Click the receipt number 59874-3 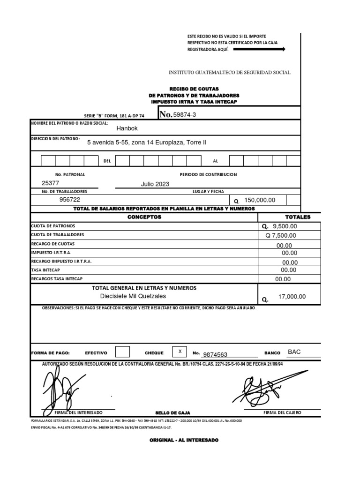click(185, 115)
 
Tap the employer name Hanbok click(127, 128)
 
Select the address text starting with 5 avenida click(147, 142)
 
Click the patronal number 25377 click(51, 184)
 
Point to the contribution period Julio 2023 click(155, 184)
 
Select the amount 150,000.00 click(260, 200)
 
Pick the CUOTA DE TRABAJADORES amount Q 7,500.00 click(281, 236)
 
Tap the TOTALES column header click(298, 217)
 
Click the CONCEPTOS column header click(144, 217)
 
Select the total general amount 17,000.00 click(292, 297)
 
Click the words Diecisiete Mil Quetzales click(133, 296)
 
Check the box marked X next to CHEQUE click(180, 352)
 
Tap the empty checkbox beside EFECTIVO click(122, 352)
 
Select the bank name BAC click(294, 352)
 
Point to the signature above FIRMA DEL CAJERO click(262, 387)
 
